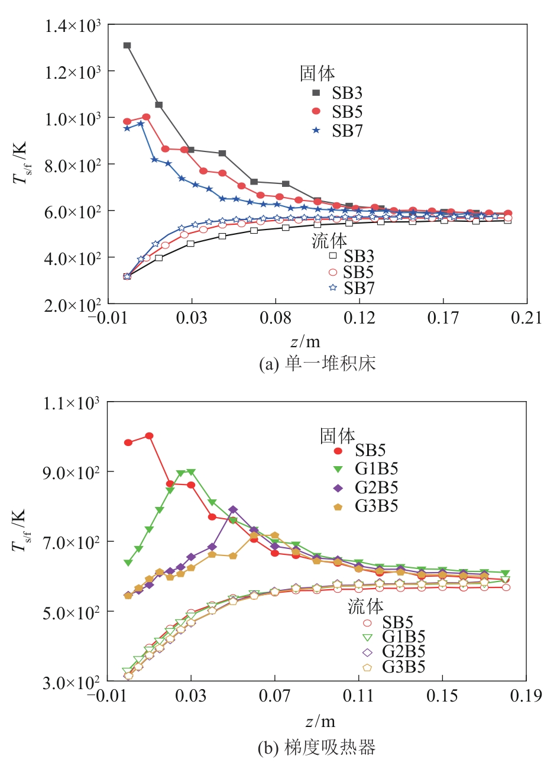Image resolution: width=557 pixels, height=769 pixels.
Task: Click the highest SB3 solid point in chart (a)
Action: point(127,46)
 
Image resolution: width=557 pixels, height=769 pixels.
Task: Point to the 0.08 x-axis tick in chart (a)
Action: point(276,318)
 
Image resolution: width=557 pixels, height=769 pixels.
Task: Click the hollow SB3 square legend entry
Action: point(332,256)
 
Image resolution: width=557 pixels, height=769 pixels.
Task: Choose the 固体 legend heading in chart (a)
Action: point(318,73)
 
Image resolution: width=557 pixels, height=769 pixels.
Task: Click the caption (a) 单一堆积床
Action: point(318,363)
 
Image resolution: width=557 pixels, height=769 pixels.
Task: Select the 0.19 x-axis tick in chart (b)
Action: point(526,696)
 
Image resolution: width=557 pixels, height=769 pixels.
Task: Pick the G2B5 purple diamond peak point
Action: point(233,509)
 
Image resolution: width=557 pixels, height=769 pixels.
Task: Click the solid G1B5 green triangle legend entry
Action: point(338,469)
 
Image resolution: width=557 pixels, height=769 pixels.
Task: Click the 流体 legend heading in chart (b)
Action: point(365,606)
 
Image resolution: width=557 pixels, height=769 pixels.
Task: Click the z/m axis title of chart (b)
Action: point(320,722)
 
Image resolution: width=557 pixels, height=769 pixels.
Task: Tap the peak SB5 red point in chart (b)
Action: point(149,436)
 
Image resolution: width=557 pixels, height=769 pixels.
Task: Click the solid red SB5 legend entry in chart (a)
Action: point(316,112)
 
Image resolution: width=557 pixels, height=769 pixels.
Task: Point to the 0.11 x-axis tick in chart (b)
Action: point(359,696)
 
